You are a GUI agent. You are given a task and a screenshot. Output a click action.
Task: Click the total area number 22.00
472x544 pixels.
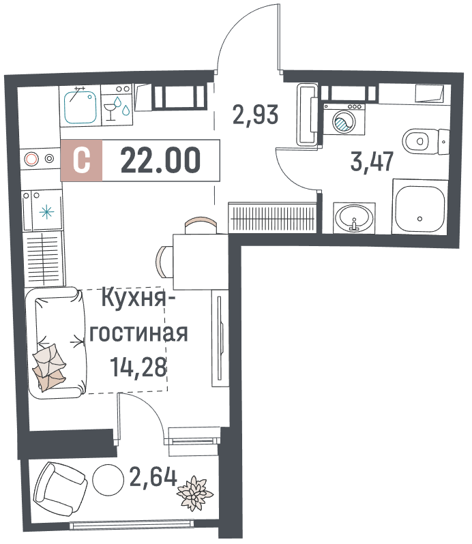tap(160, 160)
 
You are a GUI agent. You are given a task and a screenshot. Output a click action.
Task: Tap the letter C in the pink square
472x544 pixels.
tap(82, 160)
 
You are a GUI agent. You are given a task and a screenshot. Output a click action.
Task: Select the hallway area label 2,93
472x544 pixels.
tap(255, 115)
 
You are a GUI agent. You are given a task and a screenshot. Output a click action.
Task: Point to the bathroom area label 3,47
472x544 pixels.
tap(372, 162)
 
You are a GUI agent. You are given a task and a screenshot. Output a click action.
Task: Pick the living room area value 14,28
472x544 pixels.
tap(138, 367)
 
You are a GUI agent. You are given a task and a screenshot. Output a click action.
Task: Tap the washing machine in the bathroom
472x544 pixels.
tap(344, 119)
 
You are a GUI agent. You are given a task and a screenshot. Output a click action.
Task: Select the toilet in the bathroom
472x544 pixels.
tap(426, 142)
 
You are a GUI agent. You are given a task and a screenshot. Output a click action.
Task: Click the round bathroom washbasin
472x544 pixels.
tap(354, 218)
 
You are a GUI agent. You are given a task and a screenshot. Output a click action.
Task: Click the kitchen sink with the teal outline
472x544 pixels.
tap(80, 106)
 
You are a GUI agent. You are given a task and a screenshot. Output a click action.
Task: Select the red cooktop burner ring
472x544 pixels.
tap(31, 159)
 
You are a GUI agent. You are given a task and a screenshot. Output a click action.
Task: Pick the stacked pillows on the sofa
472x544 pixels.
tap(49, 366)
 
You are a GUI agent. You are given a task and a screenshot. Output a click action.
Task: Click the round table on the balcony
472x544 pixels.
tap(108, 480)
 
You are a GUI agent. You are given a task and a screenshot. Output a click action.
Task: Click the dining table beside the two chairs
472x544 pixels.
tap(201, 262)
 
